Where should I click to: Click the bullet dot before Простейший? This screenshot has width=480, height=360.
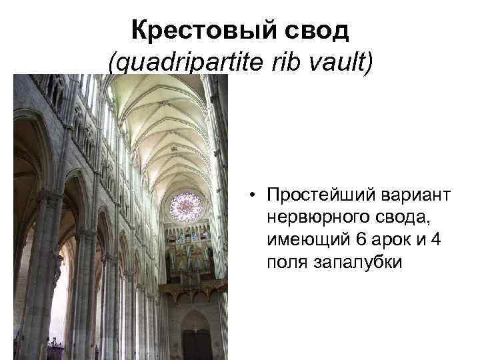(x=254, y=195)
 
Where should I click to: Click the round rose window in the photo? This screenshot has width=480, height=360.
(x=186, y=206)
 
